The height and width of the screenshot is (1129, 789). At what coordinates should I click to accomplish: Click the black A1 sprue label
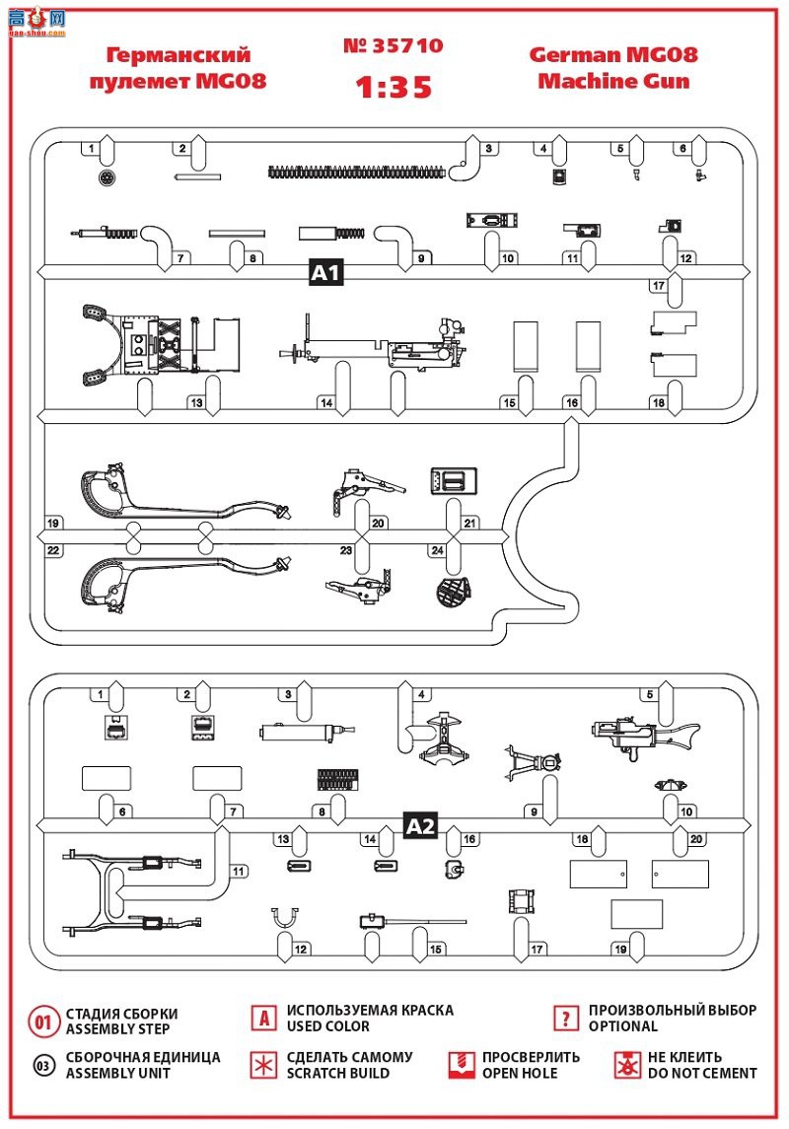[325, 272]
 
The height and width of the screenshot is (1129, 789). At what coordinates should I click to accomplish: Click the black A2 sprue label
[421, 826]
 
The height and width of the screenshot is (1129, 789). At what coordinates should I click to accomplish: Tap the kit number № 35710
[393, 45]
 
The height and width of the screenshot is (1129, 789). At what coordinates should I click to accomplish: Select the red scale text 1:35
[394, 87]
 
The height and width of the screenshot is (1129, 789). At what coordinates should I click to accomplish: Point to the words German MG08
[613, 55]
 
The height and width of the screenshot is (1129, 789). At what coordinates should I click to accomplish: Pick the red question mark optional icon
[564, 1019]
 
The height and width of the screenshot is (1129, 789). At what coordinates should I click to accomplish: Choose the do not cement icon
[626, 1065]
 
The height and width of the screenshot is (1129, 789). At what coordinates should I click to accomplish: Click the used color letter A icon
[263, 1019]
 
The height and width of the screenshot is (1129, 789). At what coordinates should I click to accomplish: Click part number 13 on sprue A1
[197, 402]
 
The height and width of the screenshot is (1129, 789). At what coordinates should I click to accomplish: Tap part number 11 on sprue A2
[238, 871]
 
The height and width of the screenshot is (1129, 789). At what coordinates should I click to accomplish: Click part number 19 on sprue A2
[620, 949]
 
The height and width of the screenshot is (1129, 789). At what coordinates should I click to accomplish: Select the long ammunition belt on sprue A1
[365, 173]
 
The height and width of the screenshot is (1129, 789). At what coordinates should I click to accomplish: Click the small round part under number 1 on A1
[108, 178]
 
